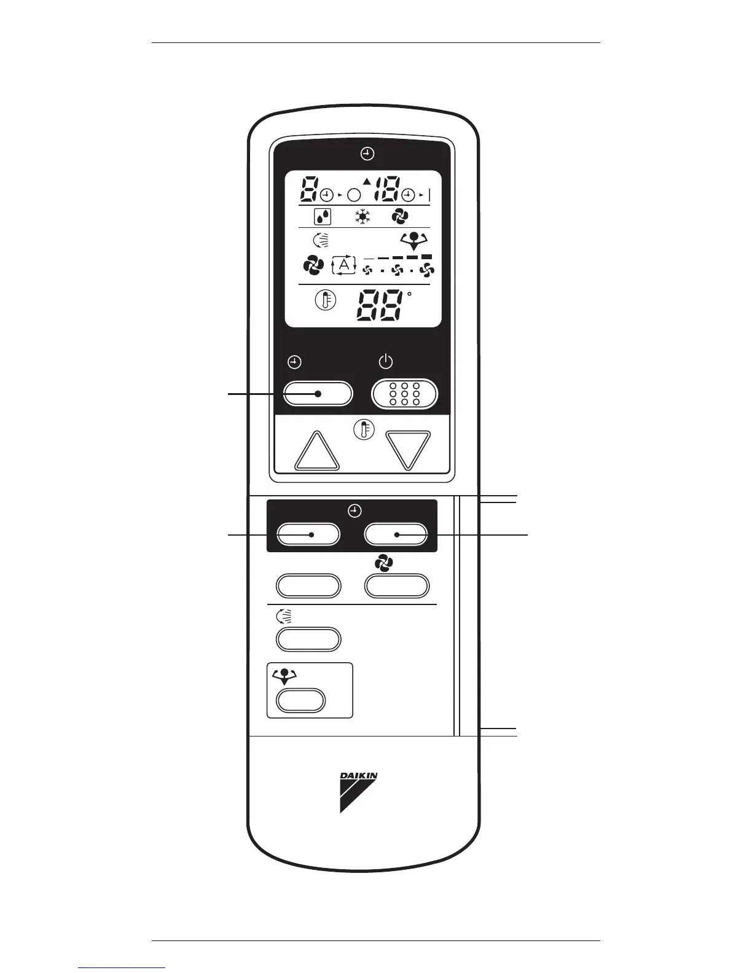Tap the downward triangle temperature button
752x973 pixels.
408,450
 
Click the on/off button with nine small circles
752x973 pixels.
405,394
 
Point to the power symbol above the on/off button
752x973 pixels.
385,362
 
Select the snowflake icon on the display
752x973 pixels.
362,216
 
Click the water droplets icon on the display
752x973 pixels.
323,217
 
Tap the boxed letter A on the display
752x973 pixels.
344,265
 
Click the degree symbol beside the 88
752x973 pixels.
409,294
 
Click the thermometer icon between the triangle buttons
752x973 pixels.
364,429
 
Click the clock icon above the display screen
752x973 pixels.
367,154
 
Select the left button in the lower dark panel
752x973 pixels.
308,534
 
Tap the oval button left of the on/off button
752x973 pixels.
318,394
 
